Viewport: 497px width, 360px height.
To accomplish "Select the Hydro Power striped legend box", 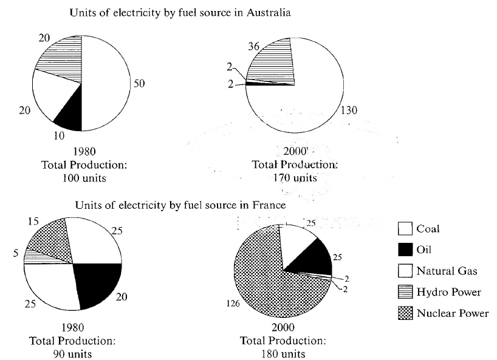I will [x=404, y=292].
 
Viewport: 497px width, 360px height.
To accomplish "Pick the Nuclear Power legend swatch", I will [x=404, y=313].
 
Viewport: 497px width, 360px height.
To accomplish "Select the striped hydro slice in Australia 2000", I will [x=276, y=61].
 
